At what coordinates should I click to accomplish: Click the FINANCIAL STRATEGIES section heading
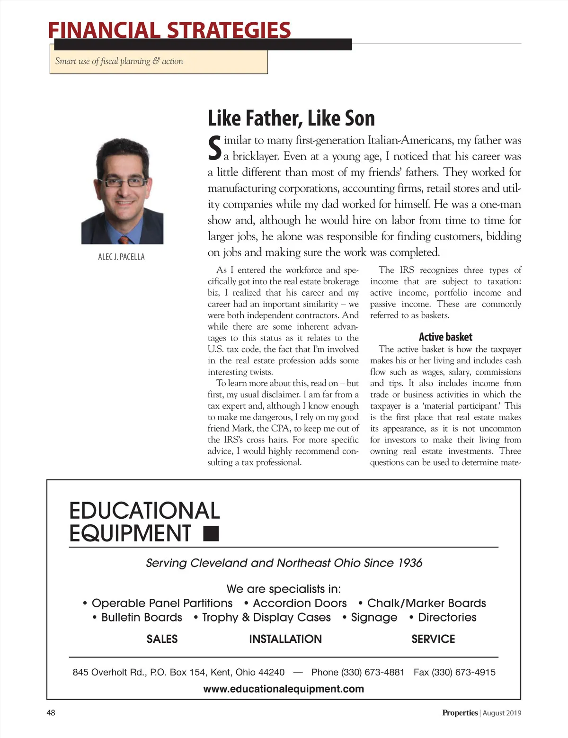(x=169, y=30)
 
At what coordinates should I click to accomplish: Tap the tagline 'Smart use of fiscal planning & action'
(x=119, y=61)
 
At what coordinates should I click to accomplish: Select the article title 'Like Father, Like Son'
(x=291, y=118)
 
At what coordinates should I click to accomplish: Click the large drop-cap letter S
(x=215, y=148)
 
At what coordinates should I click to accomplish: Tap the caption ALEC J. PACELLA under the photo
(x=121, y=257)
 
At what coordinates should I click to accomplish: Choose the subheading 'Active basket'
(x=445, y=337)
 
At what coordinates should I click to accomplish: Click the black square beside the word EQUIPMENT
(x=211, y=533)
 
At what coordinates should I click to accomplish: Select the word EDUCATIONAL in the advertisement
(x=144, y=511)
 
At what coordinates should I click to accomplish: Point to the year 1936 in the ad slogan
(x=410, y=563)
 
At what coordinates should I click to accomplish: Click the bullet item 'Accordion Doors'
(x=300, y=603)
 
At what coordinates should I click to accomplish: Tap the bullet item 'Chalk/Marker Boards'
(x=426, y=603)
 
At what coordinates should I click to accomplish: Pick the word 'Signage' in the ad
(x=374, y=617)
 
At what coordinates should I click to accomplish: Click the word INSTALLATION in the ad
(x=285, y=639)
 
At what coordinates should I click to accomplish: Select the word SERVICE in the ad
(x=433, y=639)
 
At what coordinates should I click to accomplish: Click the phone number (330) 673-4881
(x=373, y=672)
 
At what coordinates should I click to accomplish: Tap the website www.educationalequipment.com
(x=284, y=689)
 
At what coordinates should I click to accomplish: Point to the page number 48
(x=51, y=712)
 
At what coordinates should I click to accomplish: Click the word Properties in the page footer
(x=460, y=713)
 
